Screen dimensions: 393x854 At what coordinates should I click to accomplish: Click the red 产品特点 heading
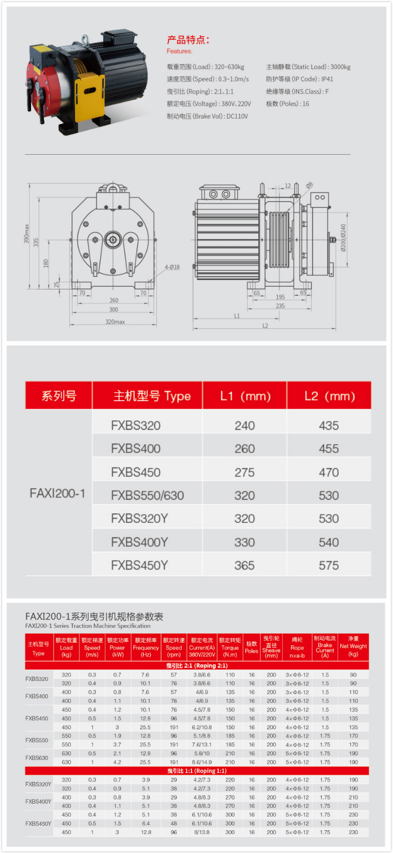188,40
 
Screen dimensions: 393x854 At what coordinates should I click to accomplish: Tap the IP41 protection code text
327,79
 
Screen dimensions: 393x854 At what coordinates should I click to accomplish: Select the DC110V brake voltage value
237,116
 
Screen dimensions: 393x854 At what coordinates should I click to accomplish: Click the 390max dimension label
26,233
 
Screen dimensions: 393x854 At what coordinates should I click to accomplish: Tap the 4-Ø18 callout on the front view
172,267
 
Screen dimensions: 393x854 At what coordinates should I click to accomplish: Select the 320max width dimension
115,322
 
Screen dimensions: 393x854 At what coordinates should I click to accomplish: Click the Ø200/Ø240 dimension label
343,237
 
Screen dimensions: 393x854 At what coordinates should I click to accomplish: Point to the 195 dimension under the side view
280,297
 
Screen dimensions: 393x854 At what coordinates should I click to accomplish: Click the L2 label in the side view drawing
266,326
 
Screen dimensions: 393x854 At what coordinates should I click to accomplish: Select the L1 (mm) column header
245,396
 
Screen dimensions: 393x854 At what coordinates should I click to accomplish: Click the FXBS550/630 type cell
147,495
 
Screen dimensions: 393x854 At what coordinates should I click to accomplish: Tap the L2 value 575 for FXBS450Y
329,566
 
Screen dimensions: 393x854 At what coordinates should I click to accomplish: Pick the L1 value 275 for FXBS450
244,472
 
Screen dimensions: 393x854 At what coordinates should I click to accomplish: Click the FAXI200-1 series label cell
58,494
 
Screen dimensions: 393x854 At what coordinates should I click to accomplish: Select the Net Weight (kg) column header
353,647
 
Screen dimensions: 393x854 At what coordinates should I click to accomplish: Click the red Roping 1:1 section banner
197,771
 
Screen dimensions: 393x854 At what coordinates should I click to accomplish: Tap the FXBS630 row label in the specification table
37,758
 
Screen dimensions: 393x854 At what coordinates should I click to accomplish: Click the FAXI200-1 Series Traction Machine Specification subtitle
88,626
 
